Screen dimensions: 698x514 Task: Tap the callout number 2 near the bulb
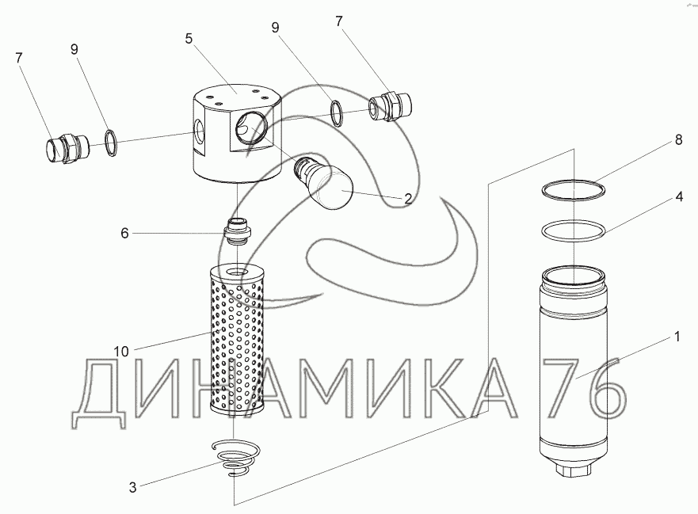click(x=407, y=198)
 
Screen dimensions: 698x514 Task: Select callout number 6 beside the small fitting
click(x=124, y=233)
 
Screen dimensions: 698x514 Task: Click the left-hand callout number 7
click(x=19, y=57)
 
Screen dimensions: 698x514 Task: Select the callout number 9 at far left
click(x=74, y=49)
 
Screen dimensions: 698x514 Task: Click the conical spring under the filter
click(x=235, y=459)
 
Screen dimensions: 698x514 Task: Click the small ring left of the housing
click(x=113, y=142)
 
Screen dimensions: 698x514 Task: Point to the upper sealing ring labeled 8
click(x=572, y=190)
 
